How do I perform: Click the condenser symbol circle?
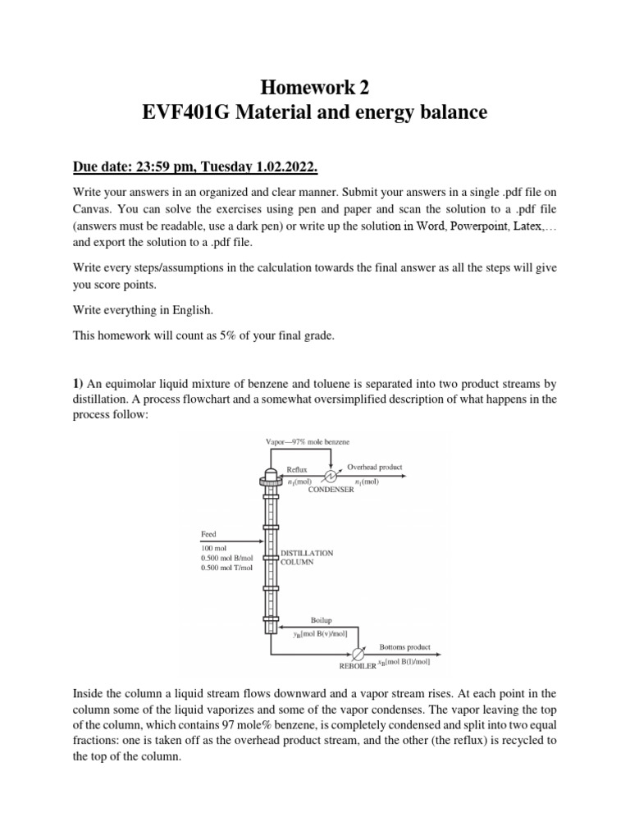[x=331, y=476]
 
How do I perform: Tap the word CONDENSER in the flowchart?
[x=331, y=490]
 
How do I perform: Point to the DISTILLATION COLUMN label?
[x=307, y=558]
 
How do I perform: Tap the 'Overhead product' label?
[x=374, y=466]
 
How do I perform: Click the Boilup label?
[x=321, y=621]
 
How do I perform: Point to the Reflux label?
[x=296, y=469]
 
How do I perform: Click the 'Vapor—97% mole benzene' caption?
[x=308, y=442]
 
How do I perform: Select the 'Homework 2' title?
[x=314, y=84]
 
